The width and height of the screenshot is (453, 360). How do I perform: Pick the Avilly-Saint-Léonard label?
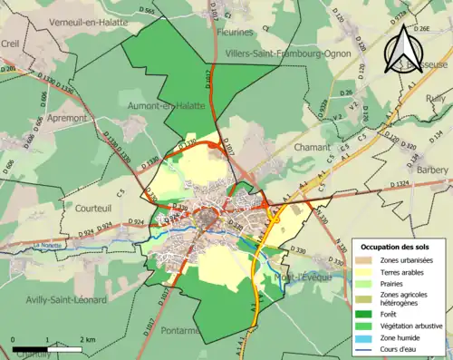click(x=66, y=300)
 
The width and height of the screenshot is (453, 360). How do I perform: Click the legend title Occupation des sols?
click(x=400, y=247)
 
